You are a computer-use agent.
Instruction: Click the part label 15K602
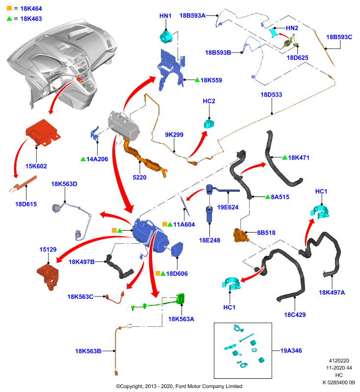[x=36, y=166]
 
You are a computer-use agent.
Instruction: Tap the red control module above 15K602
[x=43, y=132]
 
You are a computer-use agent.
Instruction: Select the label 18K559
[x=211, y=80]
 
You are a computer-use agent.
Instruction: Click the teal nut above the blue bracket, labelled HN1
[x=166, y=36]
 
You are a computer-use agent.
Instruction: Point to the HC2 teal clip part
[x=209, y=123]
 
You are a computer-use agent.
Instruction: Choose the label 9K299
[x=174, y=135]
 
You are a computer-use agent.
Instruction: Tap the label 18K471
[x=299, y=158]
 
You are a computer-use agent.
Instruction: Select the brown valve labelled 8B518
[x=241, y=235]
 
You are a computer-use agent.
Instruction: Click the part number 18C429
[x=295, y=315]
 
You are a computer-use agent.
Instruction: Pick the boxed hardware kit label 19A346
[x=291, y=351]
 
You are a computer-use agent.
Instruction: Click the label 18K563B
[x=88, y=351]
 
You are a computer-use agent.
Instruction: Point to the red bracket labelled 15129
[x=48, y=277]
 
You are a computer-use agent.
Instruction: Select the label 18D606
[x=177, y=274]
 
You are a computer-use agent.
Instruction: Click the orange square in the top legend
[x=9, y=8]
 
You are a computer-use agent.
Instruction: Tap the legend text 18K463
[x=31, y=19]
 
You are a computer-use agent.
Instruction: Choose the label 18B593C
[x=339, y=37]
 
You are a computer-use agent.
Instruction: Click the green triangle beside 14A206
[x=83, y=159]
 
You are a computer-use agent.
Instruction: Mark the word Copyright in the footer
[x=132, y=387]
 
